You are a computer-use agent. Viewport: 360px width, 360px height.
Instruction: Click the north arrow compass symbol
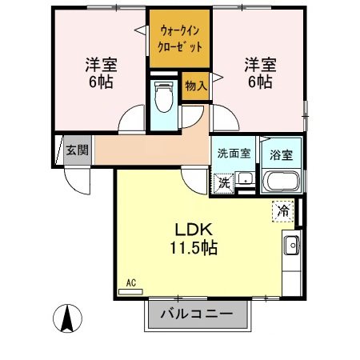click(x=68, y=320)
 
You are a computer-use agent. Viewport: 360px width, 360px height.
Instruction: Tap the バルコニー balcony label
click(x=196, y=314)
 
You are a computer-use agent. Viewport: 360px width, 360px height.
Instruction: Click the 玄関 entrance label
click(x=77, y=150)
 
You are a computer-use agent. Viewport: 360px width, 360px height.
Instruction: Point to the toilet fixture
click(x=165, y=98)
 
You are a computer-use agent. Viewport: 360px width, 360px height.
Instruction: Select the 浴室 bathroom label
click(x=281, y=154)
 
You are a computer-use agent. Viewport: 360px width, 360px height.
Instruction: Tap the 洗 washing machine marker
click(x=226, y=182)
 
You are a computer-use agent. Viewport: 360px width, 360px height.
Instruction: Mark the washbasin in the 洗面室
click(x=247, y=178)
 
